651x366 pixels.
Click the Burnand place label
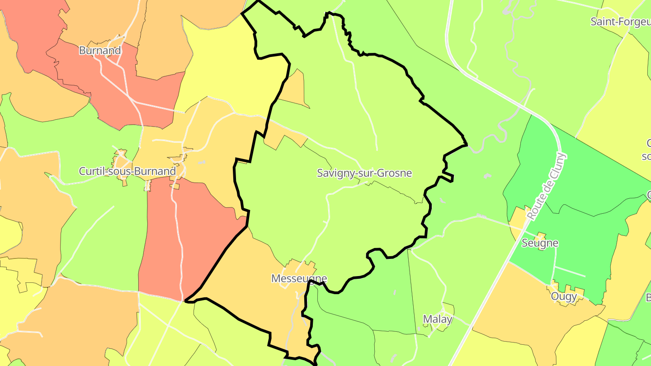point(99,50)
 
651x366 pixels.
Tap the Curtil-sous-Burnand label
point(127,171)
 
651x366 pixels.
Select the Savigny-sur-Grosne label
point(364,173)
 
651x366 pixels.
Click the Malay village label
point(438,319)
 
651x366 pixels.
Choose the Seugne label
point(540,243)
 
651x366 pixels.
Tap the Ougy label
point(564,296)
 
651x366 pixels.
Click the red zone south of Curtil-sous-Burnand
point(181,235)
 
